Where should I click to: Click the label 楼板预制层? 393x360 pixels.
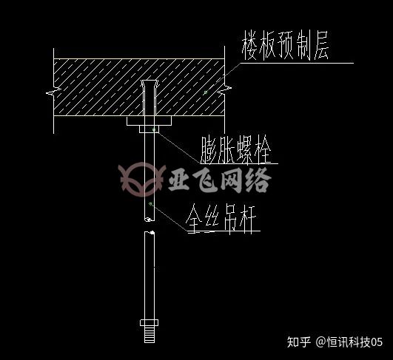coord(285,46)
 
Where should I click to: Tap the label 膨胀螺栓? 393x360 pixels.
coord(236,150)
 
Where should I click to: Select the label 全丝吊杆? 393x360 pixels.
coord(221,218)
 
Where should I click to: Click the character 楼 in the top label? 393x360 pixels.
coord(249,46)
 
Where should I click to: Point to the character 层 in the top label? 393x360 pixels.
coord(321,46)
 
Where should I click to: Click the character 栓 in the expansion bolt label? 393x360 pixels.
coord(263,150)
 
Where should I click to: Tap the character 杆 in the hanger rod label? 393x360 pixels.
coord(248,219)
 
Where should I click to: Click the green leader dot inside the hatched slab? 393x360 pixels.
coord(206,92)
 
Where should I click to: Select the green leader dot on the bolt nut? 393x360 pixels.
coord(154,129)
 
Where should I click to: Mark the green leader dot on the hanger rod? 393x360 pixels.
coord(150,204)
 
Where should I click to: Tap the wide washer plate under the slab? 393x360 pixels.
coord(149,120)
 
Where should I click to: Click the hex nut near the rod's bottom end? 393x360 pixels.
coord(149,323)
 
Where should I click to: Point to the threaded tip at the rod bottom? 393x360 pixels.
coord(150,334)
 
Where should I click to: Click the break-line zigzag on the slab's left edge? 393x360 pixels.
coord(53,92)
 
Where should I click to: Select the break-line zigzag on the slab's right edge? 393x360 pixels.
coord(224,89)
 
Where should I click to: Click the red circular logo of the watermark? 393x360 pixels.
coord(142,179)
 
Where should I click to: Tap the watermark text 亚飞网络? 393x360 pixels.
coord(220,180)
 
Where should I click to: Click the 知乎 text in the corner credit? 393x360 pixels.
coord(299,342)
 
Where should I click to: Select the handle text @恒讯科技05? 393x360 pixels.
coord(349,342)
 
